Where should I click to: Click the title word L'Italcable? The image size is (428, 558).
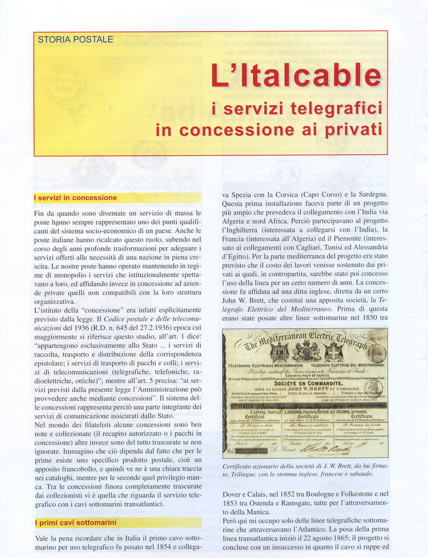coord(295,76)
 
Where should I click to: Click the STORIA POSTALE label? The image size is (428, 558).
coord(75,39)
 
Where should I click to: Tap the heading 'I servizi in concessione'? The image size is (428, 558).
coord(76,198)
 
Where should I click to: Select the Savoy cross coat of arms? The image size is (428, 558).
coord(332,352)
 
